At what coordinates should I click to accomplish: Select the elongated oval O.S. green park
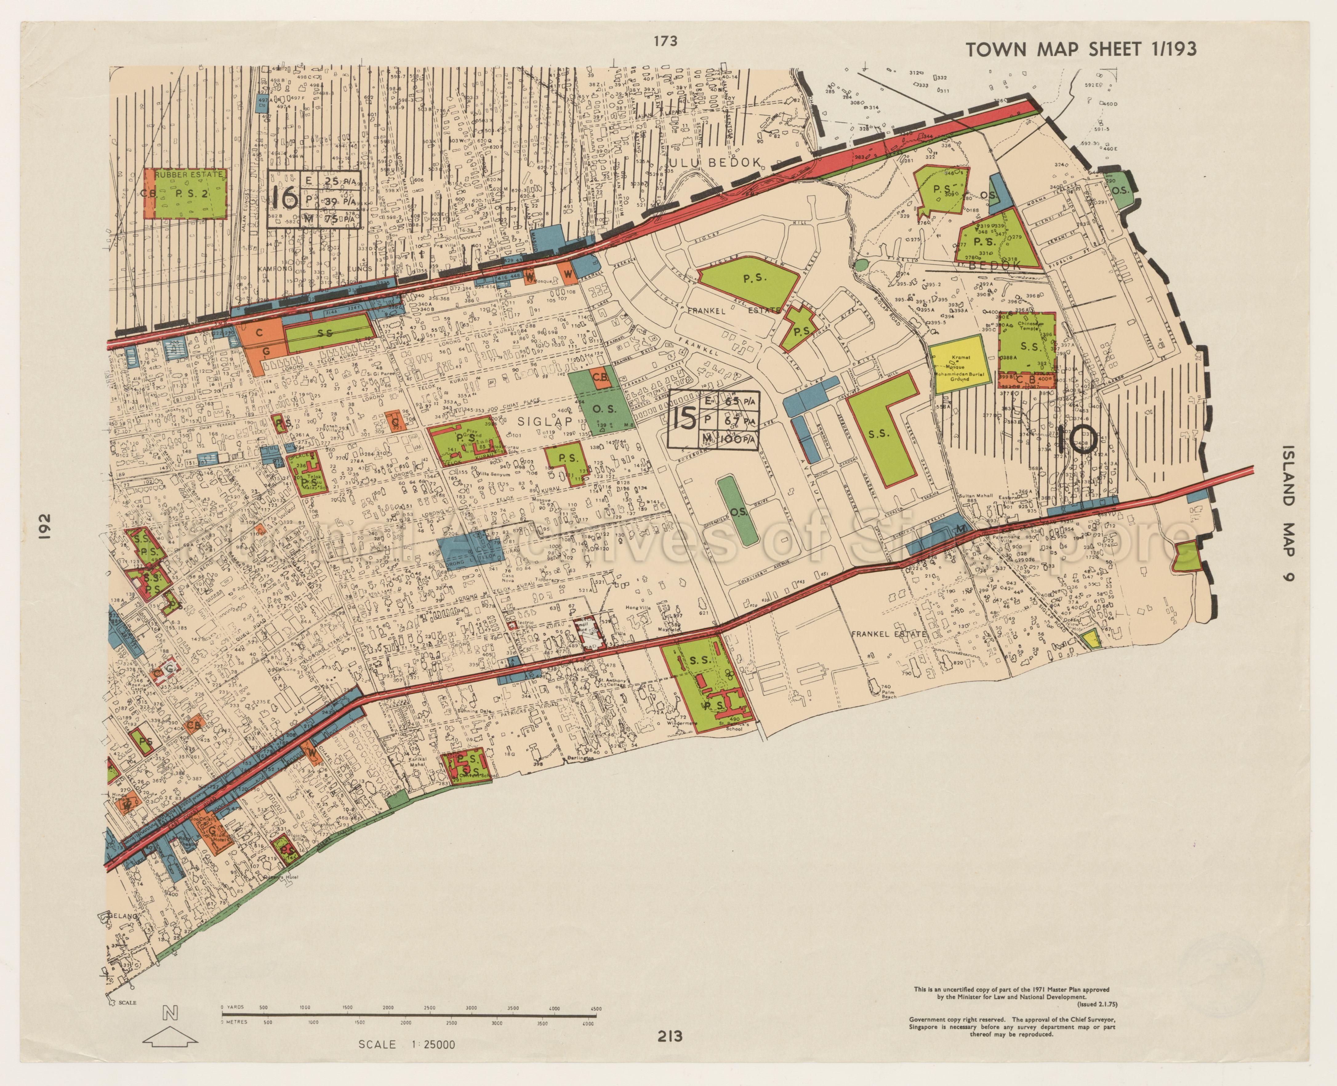pos(737,510)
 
